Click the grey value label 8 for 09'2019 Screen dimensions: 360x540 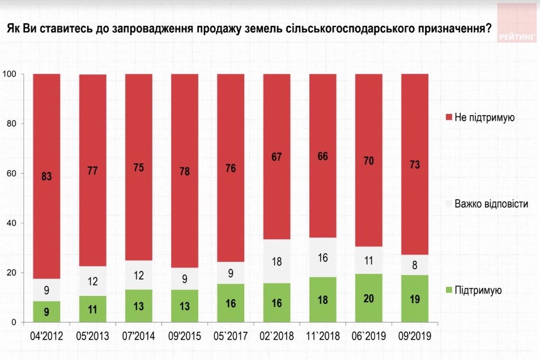point(414,265)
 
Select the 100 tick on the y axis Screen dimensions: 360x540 point(8,74)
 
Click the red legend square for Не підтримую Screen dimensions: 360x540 point(449,117)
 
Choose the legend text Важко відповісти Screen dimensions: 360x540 point(492,204)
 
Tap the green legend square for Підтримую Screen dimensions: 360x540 point(449,291)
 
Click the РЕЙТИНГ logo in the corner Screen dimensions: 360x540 point(516,23)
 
